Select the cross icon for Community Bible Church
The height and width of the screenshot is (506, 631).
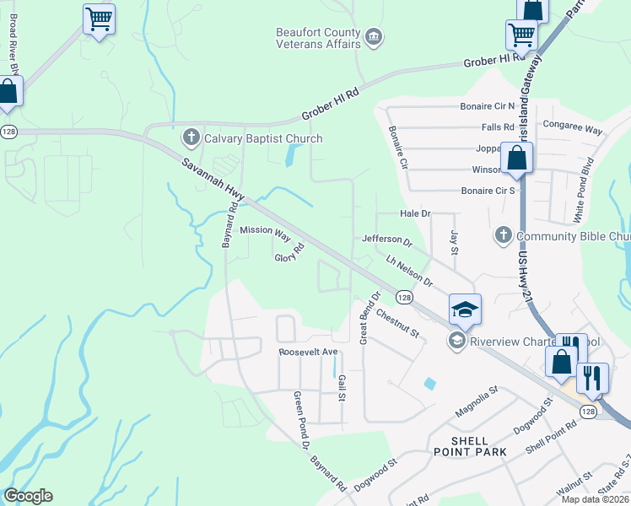click(503, 235)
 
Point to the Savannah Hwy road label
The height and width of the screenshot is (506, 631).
click(207, 175)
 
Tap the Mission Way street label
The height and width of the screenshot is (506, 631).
click(265, 230)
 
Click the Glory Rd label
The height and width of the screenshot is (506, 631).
click(289, 253)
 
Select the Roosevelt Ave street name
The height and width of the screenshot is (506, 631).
click(308, 352)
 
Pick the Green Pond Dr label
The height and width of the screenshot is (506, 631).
click(302, 418)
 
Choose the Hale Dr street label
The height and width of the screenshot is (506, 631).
click(415, 215)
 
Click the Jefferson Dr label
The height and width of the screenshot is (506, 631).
click(386, 241)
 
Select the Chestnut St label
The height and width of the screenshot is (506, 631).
click(398, 323)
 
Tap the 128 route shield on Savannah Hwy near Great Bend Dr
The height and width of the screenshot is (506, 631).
click(404, 298)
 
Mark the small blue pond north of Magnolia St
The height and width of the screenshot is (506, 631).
click(431, 383)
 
